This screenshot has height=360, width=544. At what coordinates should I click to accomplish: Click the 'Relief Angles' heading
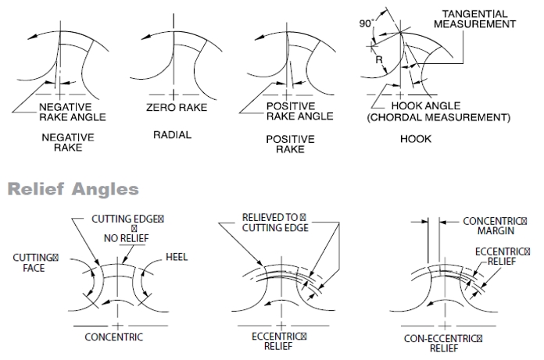tap(73, 189)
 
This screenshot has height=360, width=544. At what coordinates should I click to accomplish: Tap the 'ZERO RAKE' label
tap(177, 108)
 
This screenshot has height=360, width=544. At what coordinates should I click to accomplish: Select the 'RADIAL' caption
tap(173, 135)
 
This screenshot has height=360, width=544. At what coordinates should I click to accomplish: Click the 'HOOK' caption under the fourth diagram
tap(416, 139)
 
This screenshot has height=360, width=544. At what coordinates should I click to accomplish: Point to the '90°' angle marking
tap(367, 23)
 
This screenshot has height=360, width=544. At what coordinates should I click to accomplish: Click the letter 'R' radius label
tap(379, 60)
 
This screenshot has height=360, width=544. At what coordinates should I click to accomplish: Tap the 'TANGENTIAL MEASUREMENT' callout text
tap(474, 19)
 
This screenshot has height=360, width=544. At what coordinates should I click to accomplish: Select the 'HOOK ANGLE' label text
tap(426, 105)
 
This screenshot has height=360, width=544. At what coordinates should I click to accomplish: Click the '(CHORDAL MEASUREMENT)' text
tap(439, 117)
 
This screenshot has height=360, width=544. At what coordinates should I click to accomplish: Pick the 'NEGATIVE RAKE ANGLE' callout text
tap(73, 112)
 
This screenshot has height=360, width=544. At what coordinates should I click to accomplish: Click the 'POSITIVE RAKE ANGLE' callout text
tap(300, 111)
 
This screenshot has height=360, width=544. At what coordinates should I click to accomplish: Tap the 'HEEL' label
tap(177, 257)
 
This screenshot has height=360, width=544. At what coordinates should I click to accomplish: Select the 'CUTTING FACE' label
tap(35, 262)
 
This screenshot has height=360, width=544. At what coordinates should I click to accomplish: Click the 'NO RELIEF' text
tap(127, 238)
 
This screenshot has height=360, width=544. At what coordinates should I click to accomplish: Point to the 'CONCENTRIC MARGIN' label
tap(495, 226)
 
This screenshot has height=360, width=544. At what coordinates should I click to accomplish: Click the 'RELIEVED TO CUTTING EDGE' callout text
tap(275, 223)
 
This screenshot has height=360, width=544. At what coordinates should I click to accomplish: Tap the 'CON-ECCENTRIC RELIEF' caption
tap(443, 343)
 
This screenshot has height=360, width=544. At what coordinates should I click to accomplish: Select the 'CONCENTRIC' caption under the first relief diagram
tap(114, 337)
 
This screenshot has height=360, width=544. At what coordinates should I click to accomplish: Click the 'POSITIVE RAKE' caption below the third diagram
tap(291, 144)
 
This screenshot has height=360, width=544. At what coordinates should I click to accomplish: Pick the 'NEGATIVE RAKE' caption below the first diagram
tap(68, 142)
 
